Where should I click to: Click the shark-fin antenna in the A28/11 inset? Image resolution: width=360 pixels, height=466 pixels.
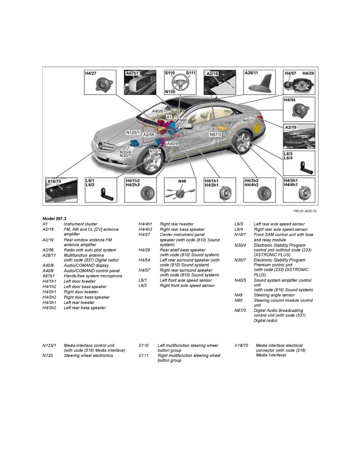tap(260, 84)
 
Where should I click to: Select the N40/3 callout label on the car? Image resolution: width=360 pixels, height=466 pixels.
tap(248, 120)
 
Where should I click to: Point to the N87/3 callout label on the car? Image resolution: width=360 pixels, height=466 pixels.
tap(216, 134)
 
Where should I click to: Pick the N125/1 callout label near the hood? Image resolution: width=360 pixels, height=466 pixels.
tap(133, 133)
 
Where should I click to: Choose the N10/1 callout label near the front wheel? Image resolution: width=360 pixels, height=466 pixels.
tap(155, 151)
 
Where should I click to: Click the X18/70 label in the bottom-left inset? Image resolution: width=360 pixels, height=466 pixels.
tap(54, 182)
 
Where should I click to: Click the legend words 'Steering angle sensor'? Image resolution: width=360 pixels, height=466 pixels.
tap(274, 295)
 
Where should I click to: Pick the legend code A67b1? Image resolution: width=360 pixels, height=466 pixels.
tap(49, 276)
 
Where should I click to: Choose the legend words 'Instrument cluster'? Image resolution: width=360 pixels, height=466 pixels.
tap(80, 224)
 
